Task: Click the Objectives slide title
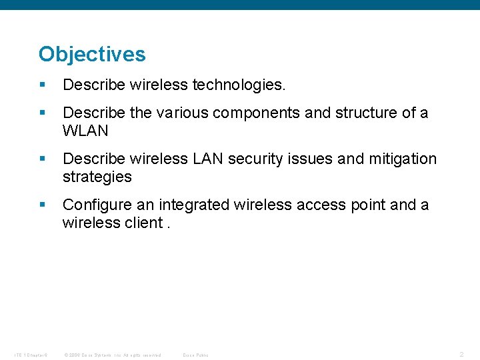(x=92, y=54)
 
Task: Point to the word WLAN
(x=85, y=131)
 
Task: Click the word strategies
(x=97, y=177)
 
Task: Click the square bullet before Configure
(x=43, y=205)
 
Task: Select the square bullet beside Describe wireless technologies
(x=43, y=85)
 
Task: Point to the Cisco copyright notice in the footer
(x=112, y=355)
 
